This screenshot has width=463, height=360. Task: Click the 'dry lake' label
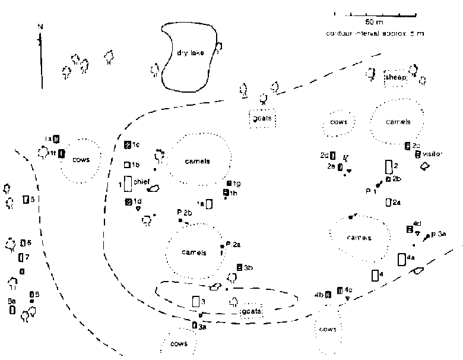[x=190, y=52]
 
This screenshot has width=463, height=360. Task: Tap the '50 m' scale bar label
[x=374, y=21]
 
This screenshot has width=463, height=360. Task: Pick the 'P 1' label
[x=371, y=191]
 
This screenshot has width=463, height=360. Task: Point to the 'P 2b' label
[x=184, y=212]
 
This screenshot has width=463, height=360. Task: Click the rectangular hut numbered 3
[x=196, y=301]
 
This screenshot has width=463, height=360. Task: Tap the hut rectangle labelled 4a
[x=402, y=259]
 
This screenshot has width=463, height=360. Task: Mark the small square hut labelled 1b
[x=127, y=165]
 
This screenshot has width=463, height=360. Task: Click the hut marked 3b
[x=239, y=268]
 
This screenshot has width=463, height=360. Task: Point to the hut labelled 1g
[x=229, y=183]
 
